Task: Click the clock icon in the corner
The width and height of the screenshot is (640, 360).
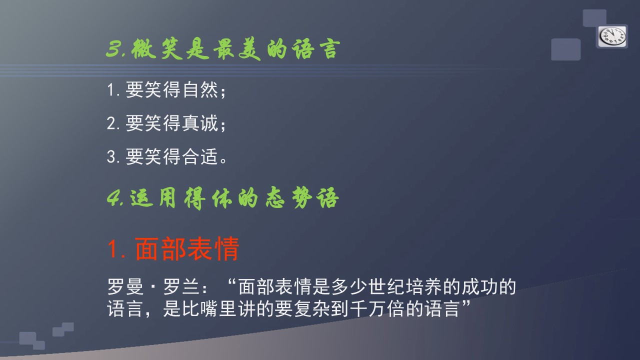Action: [x=612, y=36]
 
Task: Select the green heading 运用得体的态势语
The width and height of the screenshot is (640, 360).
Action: [x=234, y=198]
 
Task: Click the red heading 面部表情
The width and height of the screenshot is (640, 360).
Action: [x=187, y=249]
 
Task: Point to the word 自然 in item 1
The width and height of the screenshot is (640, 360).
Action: [x=200, y=89]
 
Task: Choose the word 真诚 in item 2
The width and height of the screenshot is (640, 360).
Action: [x=200, y=123]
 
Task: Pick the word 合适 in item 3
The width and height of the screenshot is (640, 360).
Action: [x=200, y=156]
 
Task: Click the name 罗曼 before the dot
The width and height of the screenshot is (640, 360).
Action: [x=125, y=286]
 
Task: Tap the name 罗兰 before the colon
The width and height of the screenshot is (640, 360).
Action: [x=181, y=286]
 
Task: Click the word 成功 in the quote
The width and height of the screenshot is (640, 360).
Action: [x=479, y=286]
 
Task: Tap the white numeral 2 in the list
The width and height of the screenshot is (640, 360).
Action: [x=111, y=123]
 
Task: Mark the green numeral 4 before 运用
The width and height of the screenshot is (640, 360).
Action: [x=114, y=198]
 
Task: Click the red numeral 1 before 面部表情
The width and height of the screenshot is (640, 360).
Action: [x=113, y=249]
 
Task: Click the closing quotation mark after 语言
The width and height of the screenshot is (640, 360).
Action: [x=465, y=303]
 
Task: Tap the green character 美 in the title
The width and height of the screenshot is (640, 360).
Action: [x=249, y=49]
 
